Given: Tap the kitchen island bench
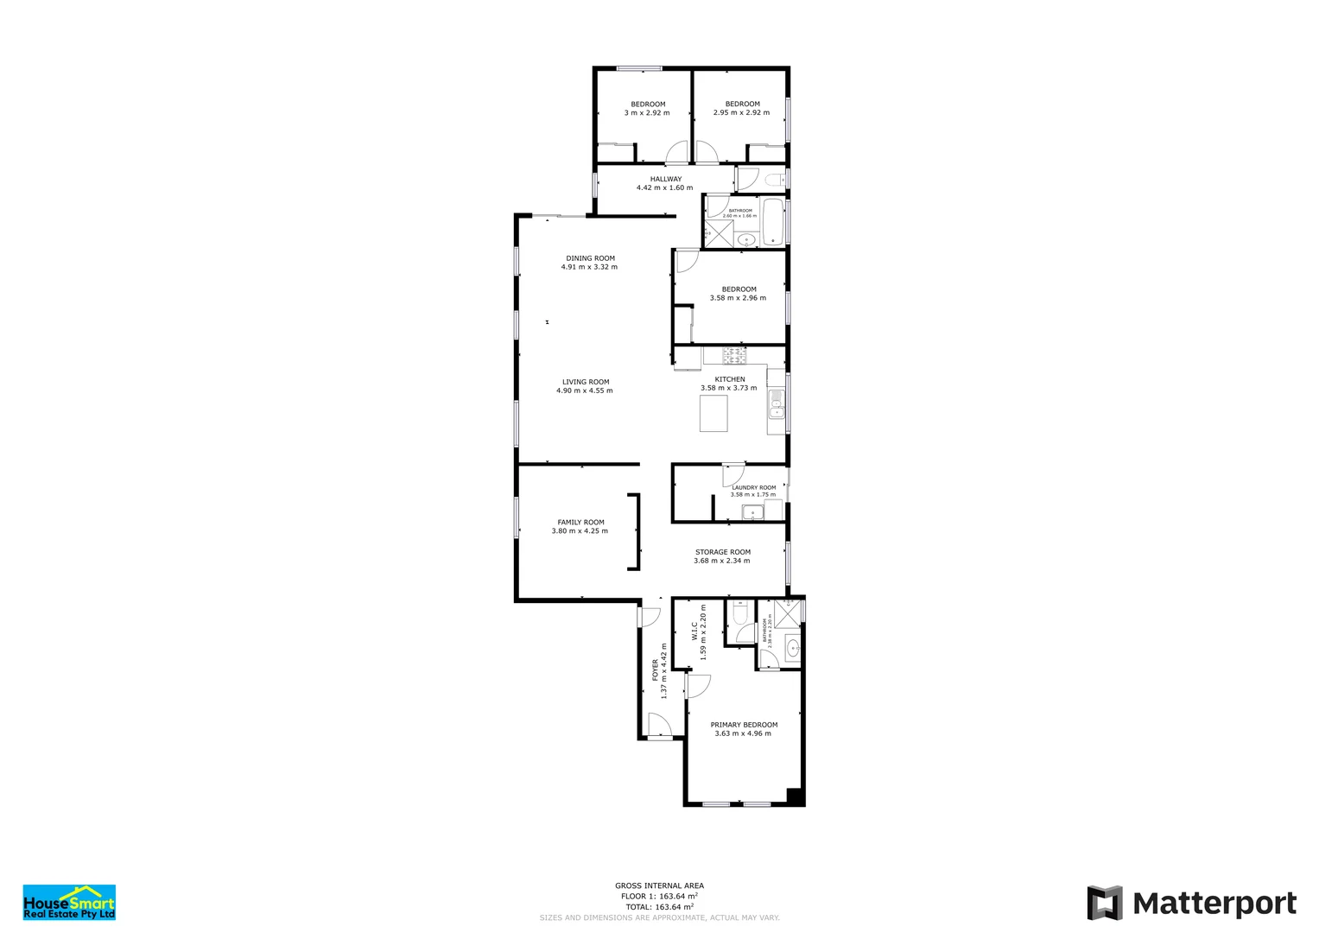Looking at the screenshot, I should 713,417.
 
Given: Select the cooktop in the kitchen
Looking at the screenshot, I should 735,355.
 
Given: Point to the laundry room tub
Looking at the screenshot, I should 752,513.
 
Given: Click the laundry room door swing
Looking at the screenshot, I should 732,474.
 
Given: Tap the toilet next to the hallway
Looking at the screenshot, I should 773,180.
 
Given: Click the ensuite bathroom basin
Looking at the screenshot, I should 793,647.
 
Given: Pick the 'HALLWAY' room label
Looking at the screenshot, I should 666,179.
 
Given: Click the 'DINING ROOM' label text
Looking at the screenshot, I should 591,258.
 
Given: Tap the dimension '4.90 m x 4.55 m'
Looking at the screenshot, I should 585,390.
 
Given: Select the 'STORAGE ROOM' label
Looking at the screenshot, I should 723,552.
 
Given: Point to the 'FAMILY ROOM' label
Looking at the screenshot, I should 580,523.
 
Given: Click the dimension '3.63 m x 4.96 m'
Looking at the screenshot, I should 743,733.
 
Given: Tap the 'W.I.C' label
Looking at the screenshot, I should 694,631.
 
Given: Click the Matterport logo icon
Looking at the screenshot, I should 1104,903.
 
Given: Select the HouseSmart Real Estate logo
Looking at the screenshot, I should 69,902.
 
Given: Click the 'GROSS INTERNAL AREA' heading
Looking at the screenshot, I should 659,885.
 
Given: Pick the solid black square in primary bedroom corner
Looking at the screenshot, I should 795,797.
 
